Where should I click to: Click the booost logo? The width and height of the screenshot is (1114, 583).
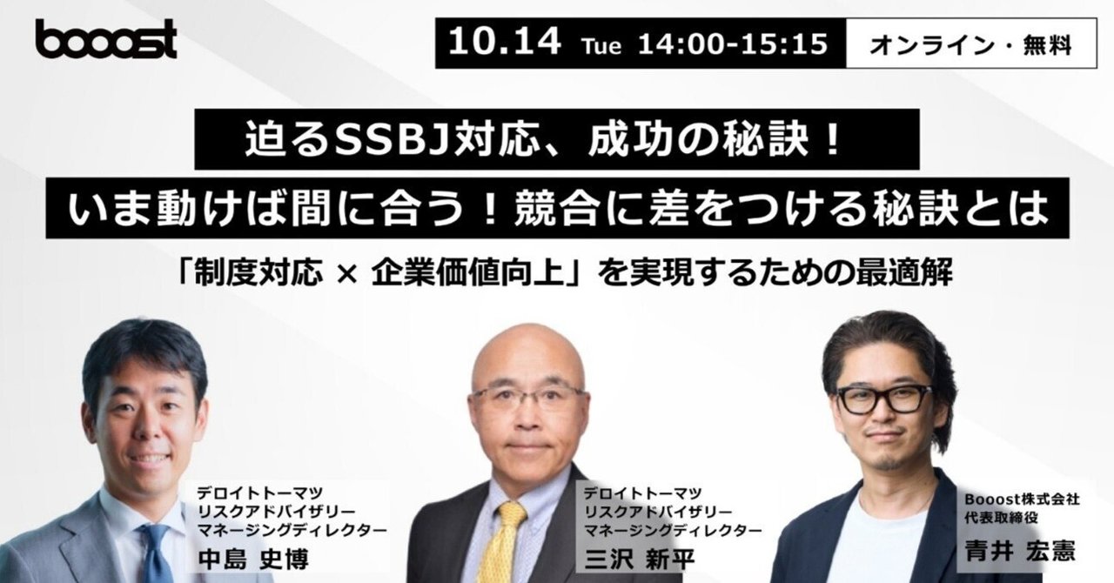pos(105,40)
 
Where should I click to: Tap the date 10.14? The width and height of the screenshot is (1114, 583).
pos(504,43)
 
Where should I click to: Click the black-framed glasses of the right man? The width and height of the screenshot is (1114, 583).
pos(883,399)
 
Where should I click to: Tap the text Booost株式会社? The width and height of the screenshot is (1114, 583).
pos(1022,500)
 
